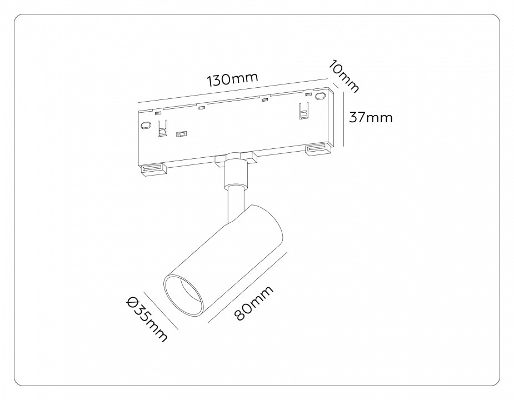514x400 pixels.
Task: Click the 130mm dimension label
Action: click(x=233, y=79)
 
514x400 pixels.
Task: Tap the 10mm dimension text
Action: click(x=343, y=77)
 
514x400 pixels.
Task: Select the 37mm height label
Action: click(x=370, y=117)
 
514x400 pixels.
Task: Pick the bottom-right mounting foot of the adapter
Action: click(x=316, y=149)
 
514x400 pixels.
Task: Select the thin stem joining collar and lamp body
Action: click(x=234, y=205)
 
